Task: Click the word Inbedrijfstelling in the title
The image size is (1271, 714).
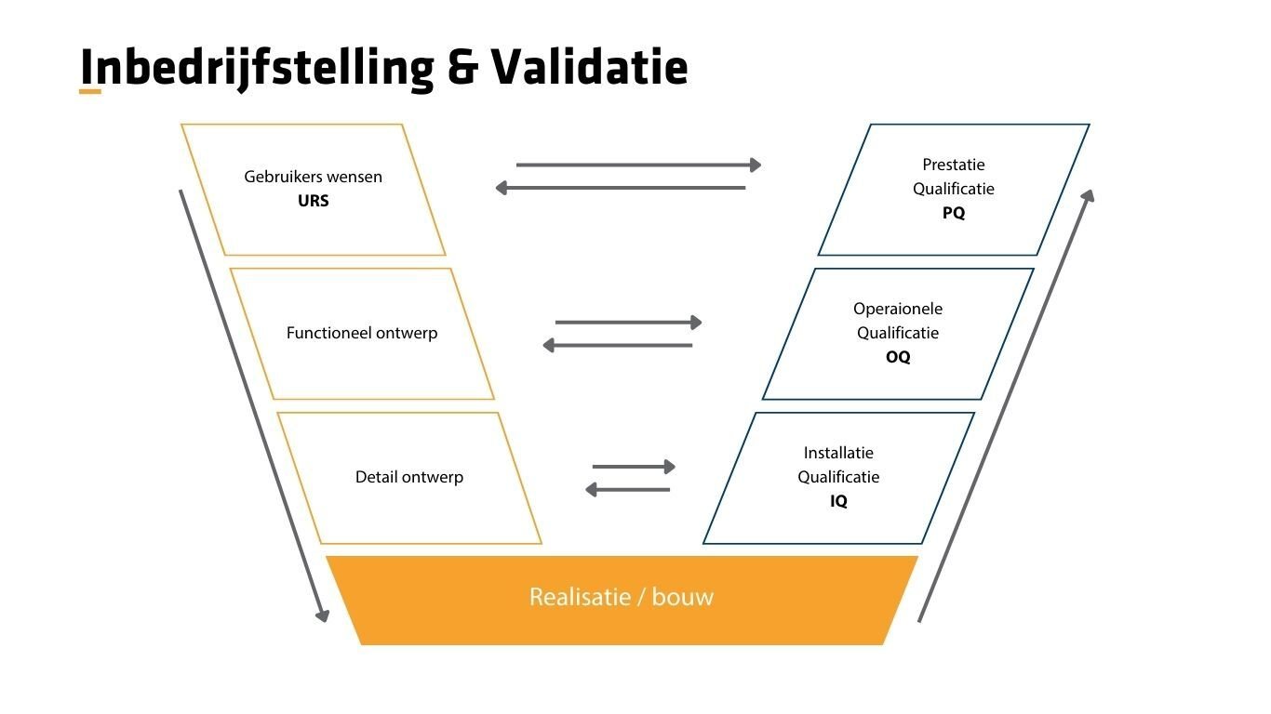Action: (257, 67)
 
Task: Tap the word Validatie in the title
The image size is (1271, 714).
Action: (590, 67)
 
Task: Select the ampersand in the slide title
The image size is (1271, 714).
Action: (462, 67)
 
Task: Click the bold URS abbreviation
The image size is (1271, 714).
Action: (313, 200)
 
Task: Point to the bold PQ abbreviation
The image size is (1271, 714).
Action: (954, 213)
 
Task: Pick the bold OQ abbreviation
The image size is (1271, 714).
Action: (898, 357)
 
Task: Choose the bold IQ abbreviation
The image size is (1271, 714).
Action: (838, 501)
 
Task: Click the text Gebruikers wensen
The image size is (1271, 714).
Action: (313, 176)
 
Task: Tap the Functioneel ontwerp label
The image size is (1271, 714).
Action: (362, 333)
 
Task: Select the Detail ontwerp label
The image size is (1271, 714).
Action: (409, 477)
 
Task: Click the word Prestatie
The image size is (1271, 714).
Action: (954, 165)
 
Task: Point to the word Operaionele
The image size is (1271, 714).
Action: (898, 309)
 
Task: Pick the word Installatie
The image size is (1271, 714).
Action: (838, 453)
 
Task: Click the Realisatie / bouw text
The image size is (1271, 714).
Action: (621, 597)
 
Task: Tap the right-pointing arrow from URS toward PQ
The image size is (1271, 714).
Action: (638, 165)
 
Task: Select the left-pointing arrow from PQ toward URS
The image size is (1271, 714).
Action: (621, 188)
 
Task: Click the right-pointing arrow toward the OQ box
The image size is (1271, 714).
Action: (628, 323)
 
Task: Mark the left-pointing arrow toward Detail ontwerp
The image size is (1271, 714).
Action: (627, 490)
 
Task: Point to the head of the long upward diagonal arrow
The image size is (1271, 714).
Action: (1089, 195)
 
